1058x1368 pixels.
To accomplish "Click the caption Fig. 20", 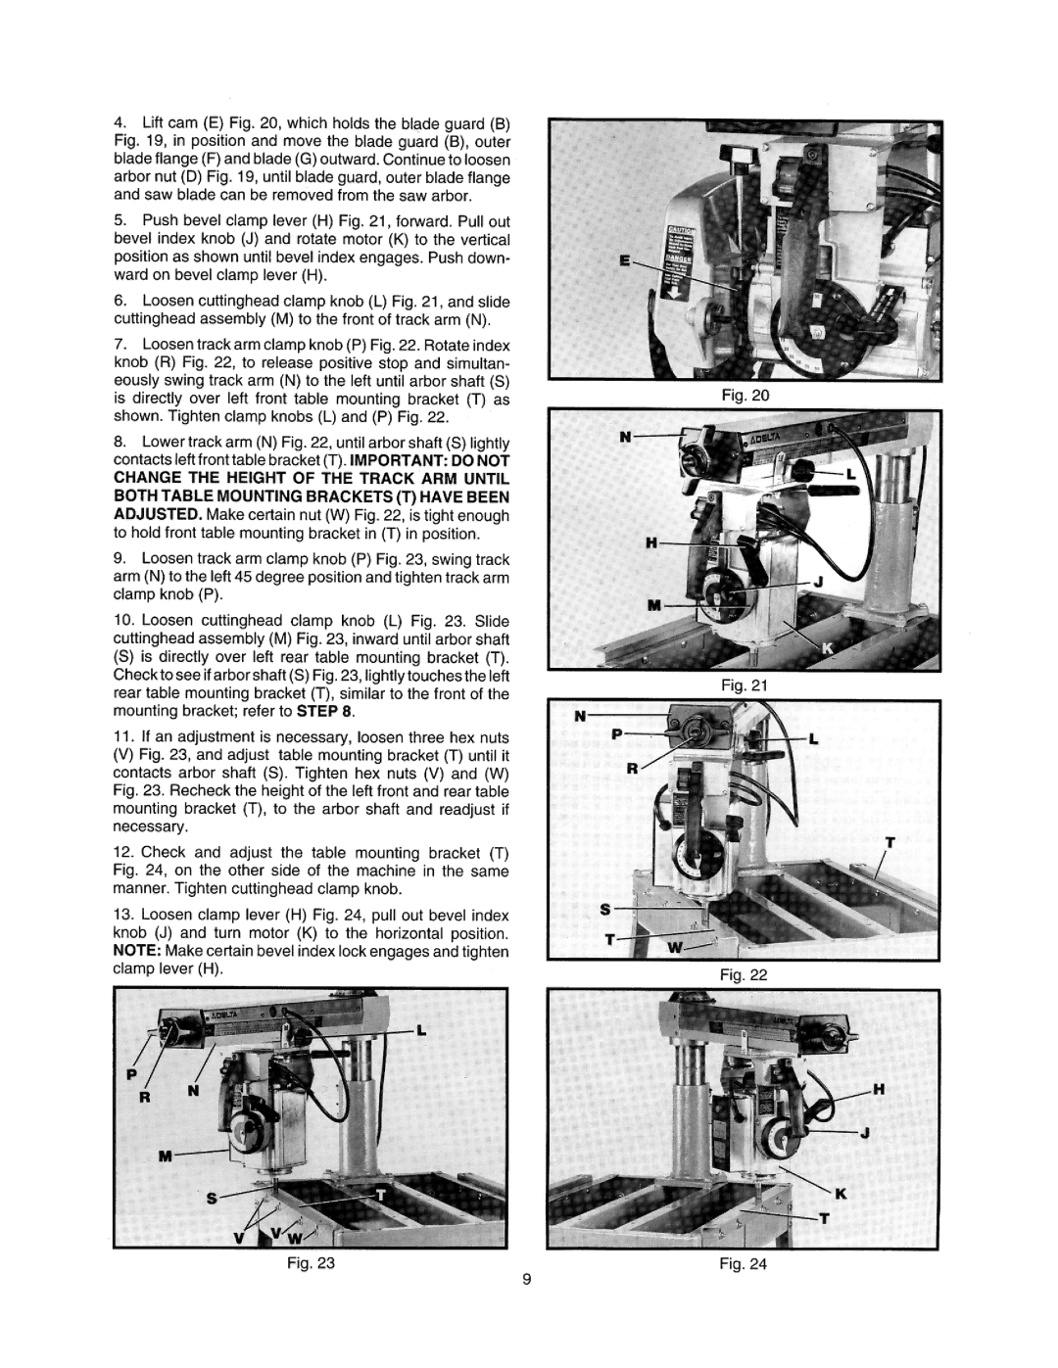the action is (x=745, y=396).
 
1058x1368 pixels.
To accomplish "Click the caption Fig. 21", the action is (x=745, y=684).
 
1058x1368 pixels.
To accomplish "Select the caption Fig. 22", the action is (x=745, y=975).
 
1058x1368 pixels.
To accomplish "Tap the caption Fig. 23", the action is (x=312, y=1262).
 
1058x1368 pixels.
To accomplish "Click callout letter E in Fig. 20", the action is (x=625, y=259).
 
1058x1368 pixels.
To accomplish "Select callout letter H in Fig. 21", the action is (x=652, y=542).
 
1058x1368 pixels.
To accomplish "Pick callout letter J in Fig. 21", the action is (x=819, y=581).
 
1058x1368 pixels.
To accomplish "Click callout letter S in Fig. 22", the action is (x=605, y=909).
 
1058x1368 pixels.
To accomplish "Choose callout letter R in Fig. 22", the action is (x=632, y=770).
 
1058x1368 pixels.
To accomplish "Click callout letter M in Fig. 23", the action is (x=165, y=1156).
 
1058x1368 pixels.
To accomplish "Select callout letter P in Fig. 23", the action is (x=131, y=1074).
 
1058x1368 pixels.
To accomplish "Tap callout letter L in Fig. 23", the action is (x=421, y=1030).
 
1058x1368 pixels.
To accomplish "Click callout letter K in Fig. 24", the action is (x=841, y=1194).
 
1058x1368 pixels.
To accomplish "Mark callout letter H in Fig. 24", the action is (x=879, y=1090).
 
